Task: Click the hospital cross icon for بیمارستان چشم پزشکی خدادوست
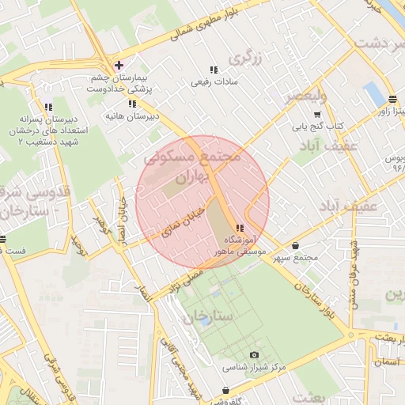tap(118, 64)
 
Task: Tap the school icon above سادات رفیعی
tap(213, 70)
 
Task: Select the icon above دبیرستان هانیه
tap(132, 103)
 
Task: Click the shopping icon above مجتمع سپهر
tap(296, 245)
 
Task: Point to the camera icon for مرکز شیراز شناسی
tap(254, 355)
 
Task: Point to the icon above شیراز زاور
tap(393, 99)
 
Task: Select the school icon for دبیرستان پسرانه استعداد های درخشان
tap(48, 108)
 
